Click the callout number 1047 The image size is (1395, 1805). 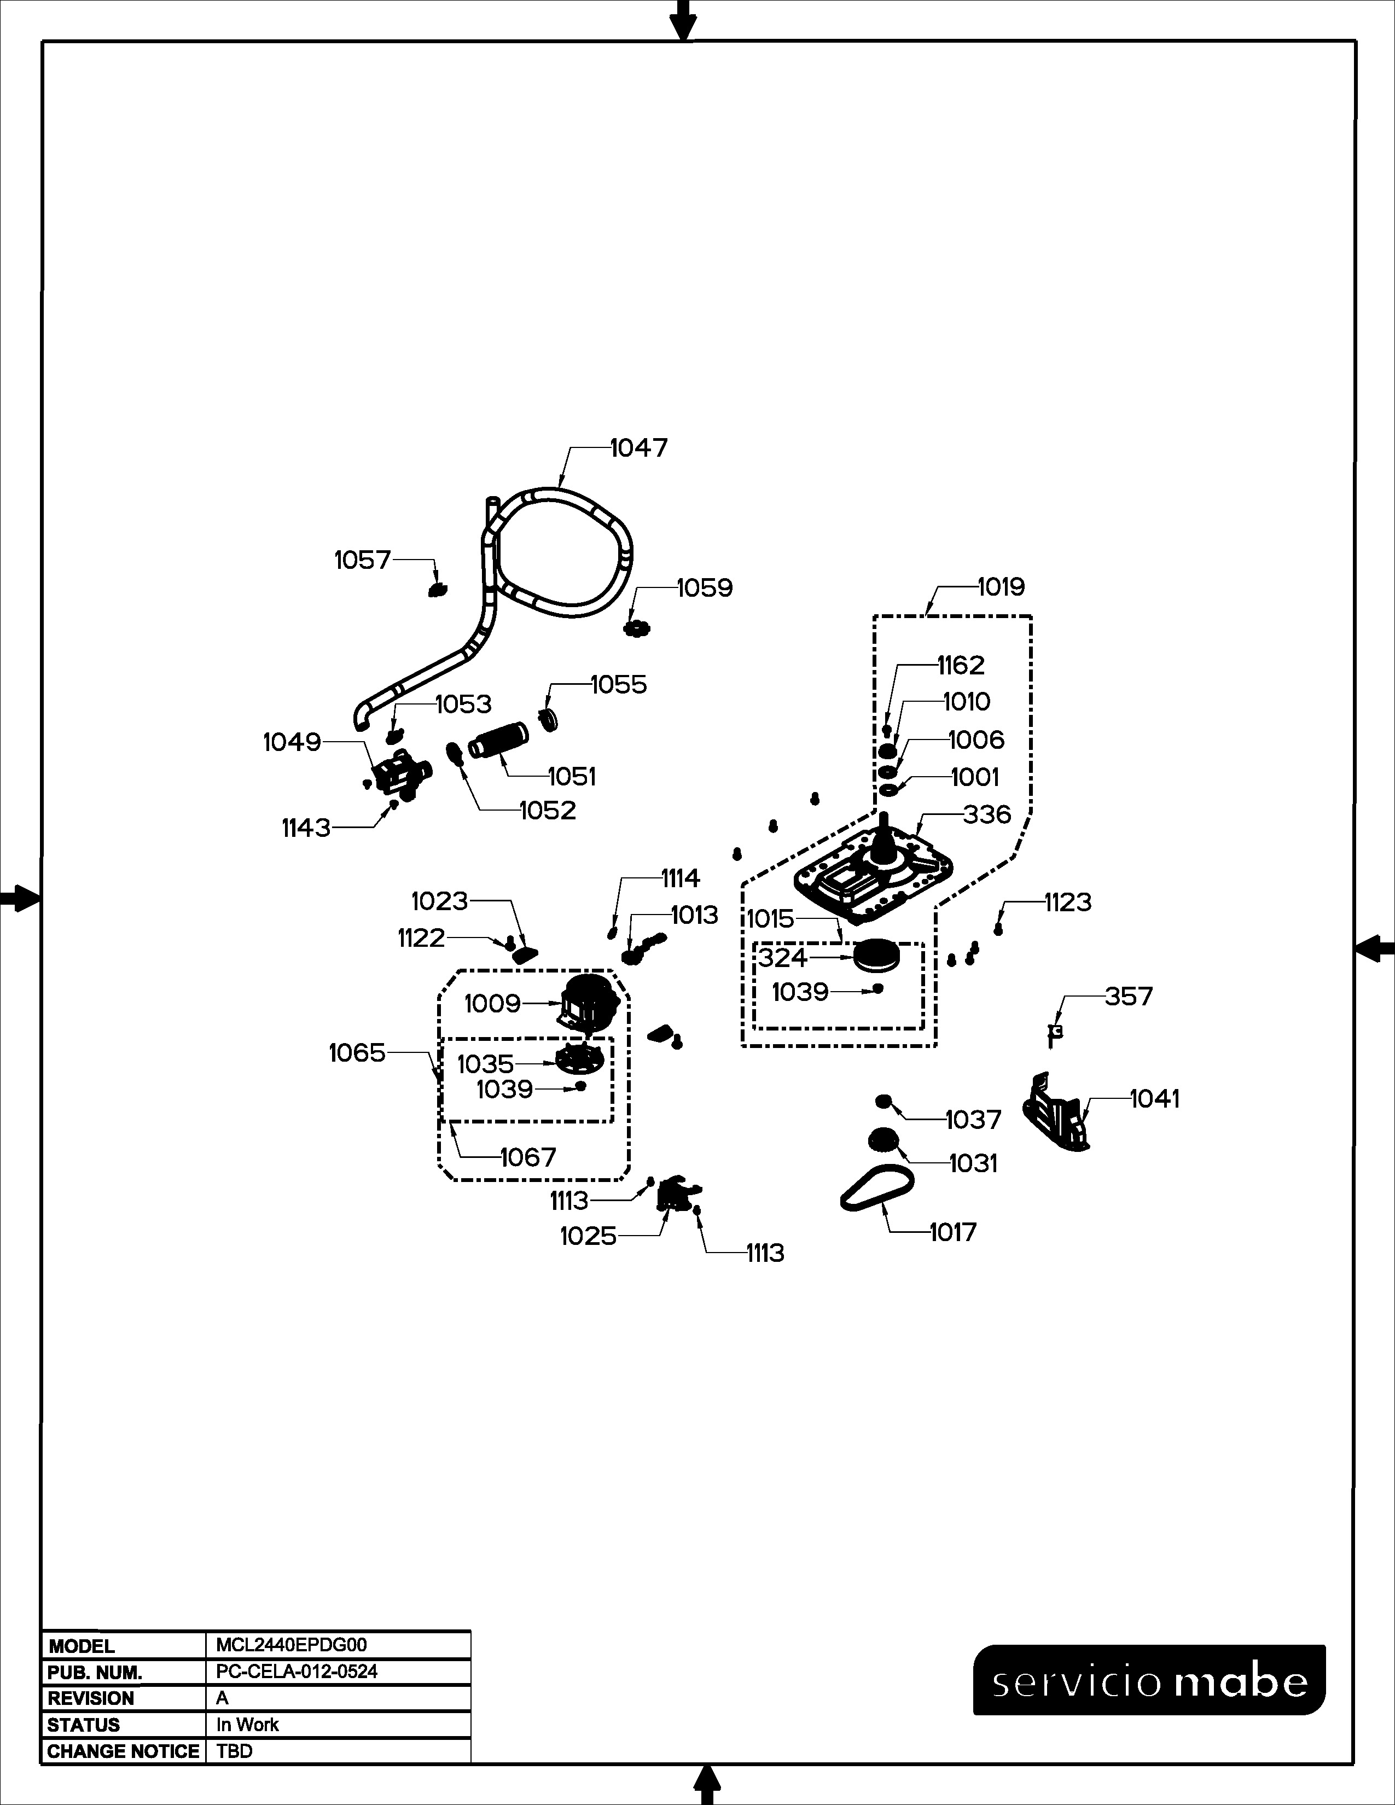(x=639, y=448)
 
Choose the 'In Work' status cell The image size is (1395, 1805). (x=247, y=1725)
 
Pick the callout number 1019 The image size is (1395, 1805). (x=1001, y=587)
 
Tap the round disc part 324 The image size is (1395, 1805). (x=876, y=957)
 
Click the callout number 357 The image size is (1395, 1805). (x=1128, y=997)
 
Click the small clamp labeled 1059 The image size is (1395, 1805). (x=636, y=629)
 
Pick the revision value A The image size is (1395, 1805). (x=222, y=1698)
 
